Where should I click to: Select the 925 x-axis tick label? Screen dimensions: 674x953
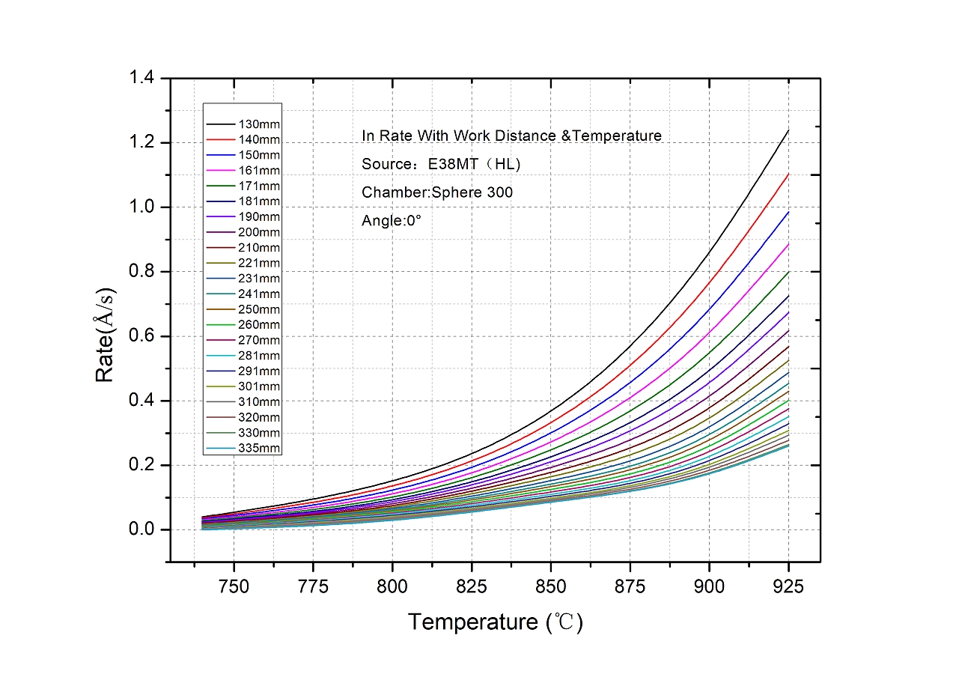(788, 586)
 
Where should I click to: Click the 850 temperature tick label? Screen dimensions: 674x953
(550, 586)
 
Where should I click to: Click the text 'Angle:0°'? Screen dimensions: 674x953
(392, 221)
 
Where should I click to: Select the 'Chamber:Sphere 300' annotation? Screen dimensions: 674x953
(437, 192)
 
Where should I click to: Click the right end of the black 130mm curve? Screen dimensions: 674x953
(788, 130)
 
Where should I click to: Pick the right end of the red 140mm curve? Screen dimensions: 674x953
(788, 174)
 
